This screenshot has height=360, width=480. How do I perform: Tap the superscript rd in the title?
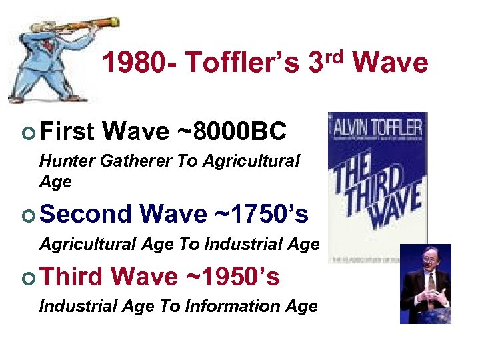[336, 55]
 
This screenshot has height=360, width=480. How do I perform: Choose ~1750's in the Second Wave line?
[262, 214]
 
